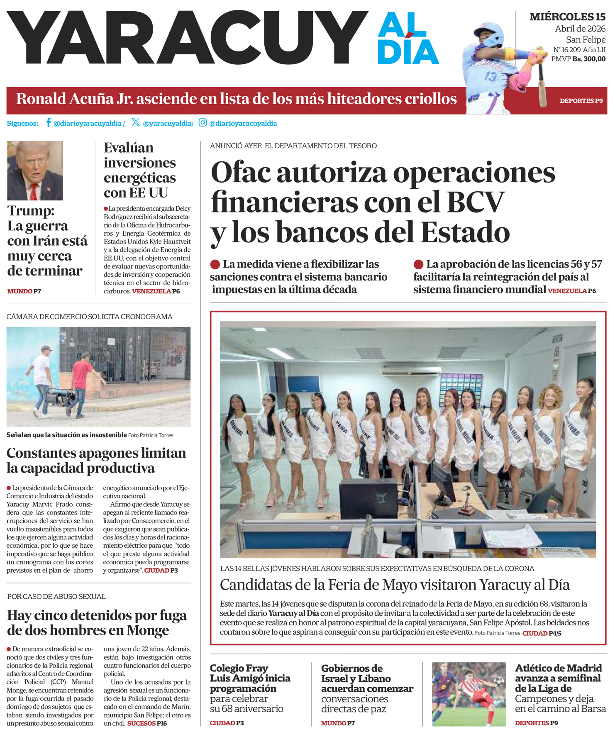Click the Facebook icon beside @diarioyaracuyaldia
coord(49,122)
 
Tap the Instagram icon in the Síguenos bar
coord(203,122)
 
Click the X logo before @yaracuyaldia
coord(136,122)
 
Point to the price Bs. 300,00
coord(588,59)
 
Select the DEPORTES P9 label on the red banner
coord(581,101)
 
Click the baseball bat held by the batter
coord(542,83)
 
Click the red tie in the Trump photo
coord(34,192)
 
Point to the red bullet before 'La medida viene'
coord(215,264)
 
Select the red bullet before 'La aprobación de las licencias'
coord(418,264)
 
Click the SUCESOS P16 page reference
coord(147,723)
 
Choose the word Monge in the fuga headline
coord(148,630)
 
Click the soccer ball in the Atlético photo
coord(498,681)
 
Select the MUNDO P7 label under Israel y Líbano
coord(338,723)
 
